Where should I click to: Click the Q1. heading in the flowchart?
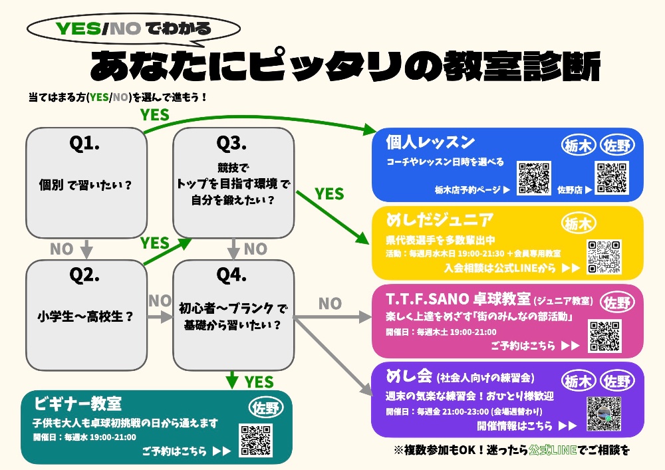86,144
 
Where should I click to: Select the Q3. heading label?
232,144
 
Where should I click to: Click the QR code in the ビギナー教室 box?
256,439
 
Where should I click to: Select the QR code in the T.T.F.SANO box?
604,336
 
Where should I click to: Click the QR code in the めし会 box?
604,413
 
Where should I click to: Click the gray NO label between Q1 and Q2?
61,249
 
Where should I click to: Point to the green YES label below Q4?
259,382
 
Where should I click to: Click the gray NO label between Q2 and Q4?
160,300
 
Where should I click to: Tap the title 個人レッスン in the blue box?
431,142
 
